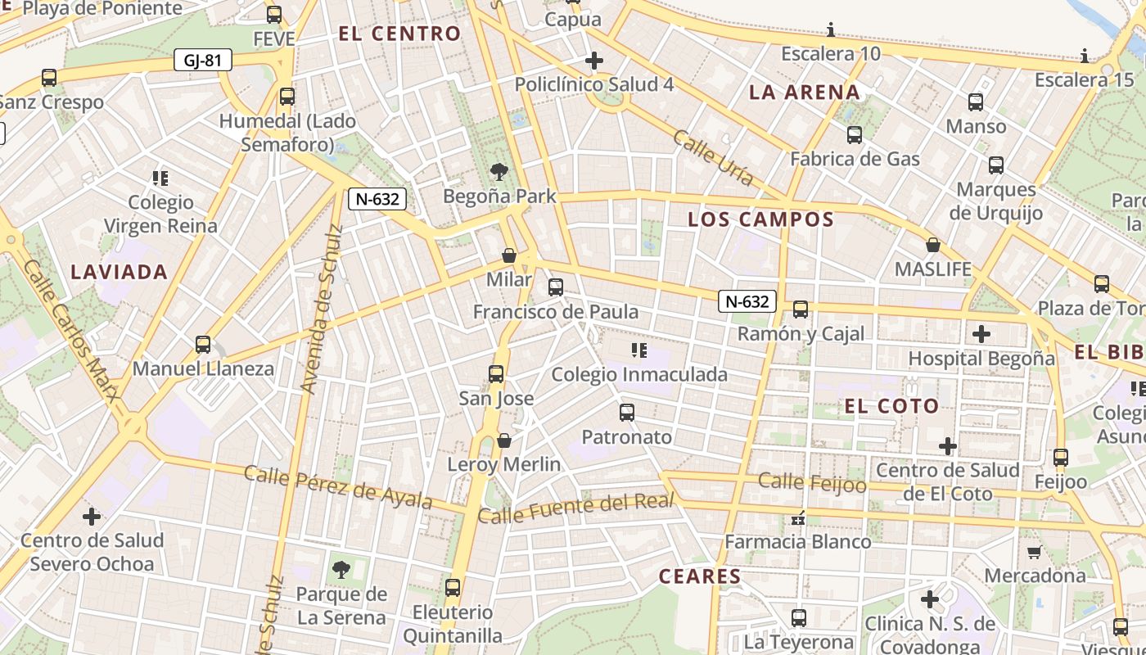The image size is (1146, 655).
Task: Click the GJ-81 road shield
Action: [203, 60]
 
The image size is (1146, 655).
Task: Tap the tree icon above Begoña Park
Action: [499, 172]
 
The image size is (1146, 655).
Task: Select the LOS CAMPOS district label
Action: [760, 219]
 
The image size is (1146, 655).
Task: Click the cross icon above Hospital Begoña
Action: [981, 334]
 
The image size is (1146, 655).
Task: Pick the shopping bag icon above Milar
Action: [508, 255]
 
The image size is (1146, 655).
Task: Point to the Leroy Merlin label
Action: [504, 464]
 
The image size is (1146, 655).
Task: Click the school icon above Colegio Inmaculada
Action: [639, 351]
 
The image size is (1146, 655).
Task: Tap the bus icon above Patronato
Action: [627, 413]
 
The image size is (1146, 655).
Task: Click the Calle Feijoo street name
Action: [812, 482]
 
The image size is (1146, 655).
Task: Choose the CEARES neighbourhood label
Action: [700, 576]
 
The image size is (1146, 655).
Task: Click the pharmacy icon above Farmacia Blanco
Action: [798, 518]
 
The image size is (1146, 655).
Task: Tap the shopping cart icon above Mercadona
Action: [1034, 552]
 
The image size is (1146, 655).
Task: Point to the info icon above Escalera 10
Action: [831, 31]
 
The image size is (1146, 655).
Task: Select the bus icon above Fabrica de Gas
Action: [855, 135]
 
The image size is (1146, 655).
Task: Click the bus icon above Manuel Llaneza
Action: [203, 345]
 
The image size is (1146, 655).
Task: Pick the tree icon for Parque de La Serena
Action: [341, 569]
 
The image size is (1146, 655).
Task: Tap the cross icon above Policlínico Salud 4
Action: [594, 61]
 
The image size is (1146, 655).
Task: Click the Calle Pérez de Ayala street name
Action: [338, 487]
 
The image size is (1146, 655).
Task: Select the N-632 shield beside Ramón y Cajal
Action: [747, 301]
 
